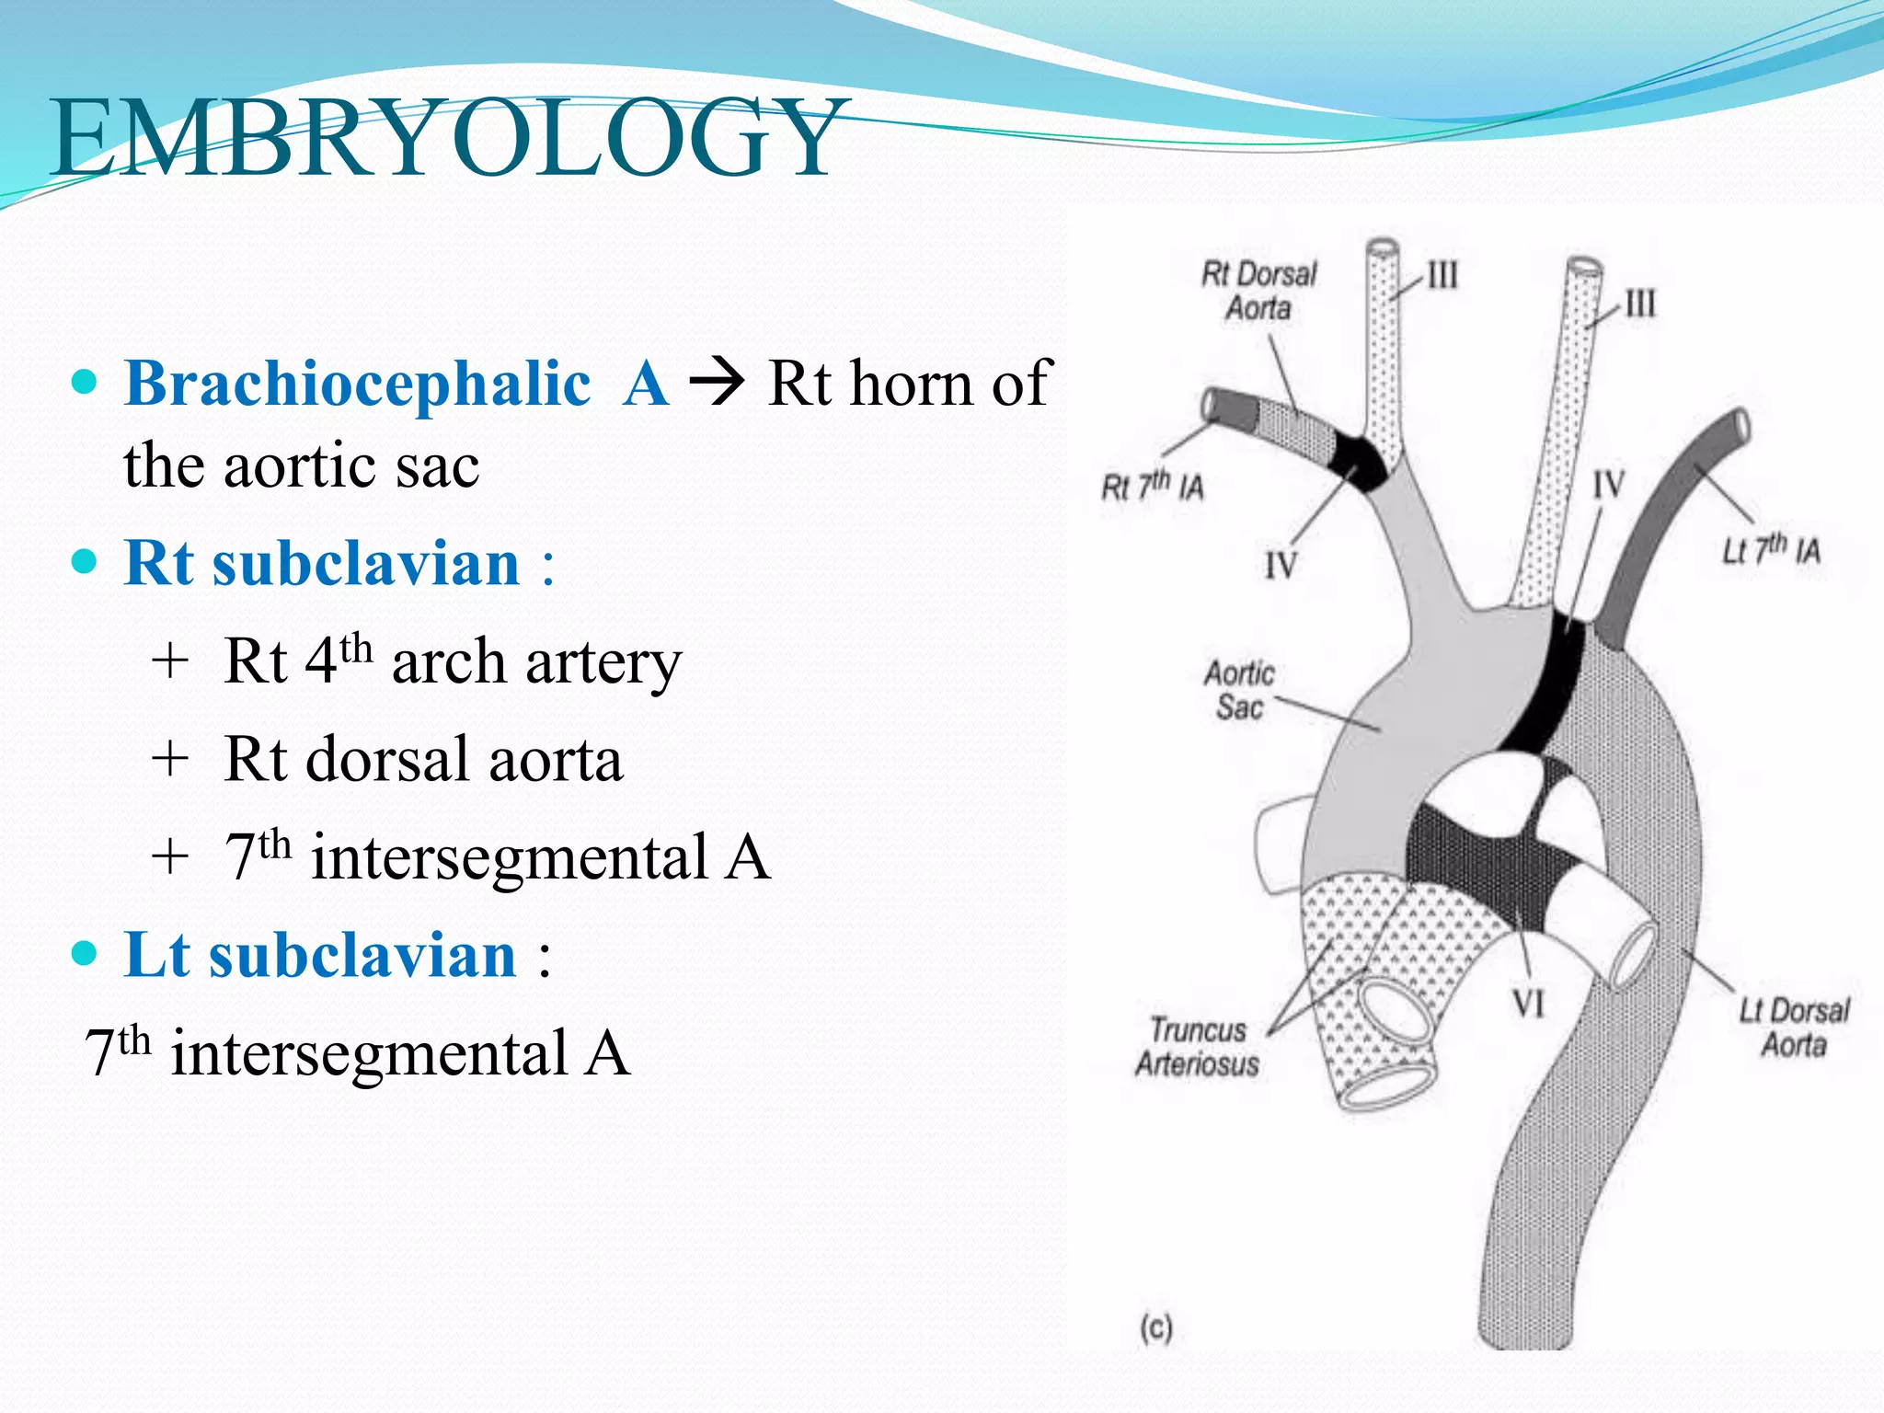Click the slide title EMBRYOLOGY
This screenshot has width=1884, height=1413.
[445, 138]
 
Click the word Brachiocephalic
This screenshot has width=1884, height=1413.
[358, 383]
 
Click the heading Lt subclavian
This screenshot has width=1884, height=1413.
[320, 954]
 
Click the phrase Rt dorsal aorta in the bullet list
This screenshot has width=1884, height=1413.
[423, 759]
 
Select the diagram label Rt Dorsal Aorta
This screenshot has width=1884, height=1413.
[1258, 291]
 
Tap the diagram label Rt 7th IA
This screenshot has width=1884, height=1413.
[1153, 485]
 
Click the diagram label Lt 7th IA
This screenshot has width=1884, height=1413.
[1771, 550]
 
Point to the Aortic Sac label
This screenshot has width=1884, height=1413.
[1239, 690]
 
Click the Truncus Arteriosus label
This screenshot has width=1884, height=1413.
[1197, 1046]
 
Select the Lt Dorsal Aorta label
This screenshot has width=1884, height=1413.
[1793, 1028]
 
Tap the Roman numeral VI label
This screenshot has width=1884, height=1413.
[1529, 1003]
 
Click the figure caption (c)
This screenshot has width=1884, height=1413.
[1156, 1328]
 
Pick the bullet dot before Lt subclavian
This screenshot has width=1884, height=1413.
[84, 954]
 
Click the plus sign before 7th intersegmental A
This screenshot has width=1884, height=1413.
[171, 857]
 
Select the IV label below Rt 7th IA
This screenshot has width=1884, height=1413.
[1281, 565]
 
